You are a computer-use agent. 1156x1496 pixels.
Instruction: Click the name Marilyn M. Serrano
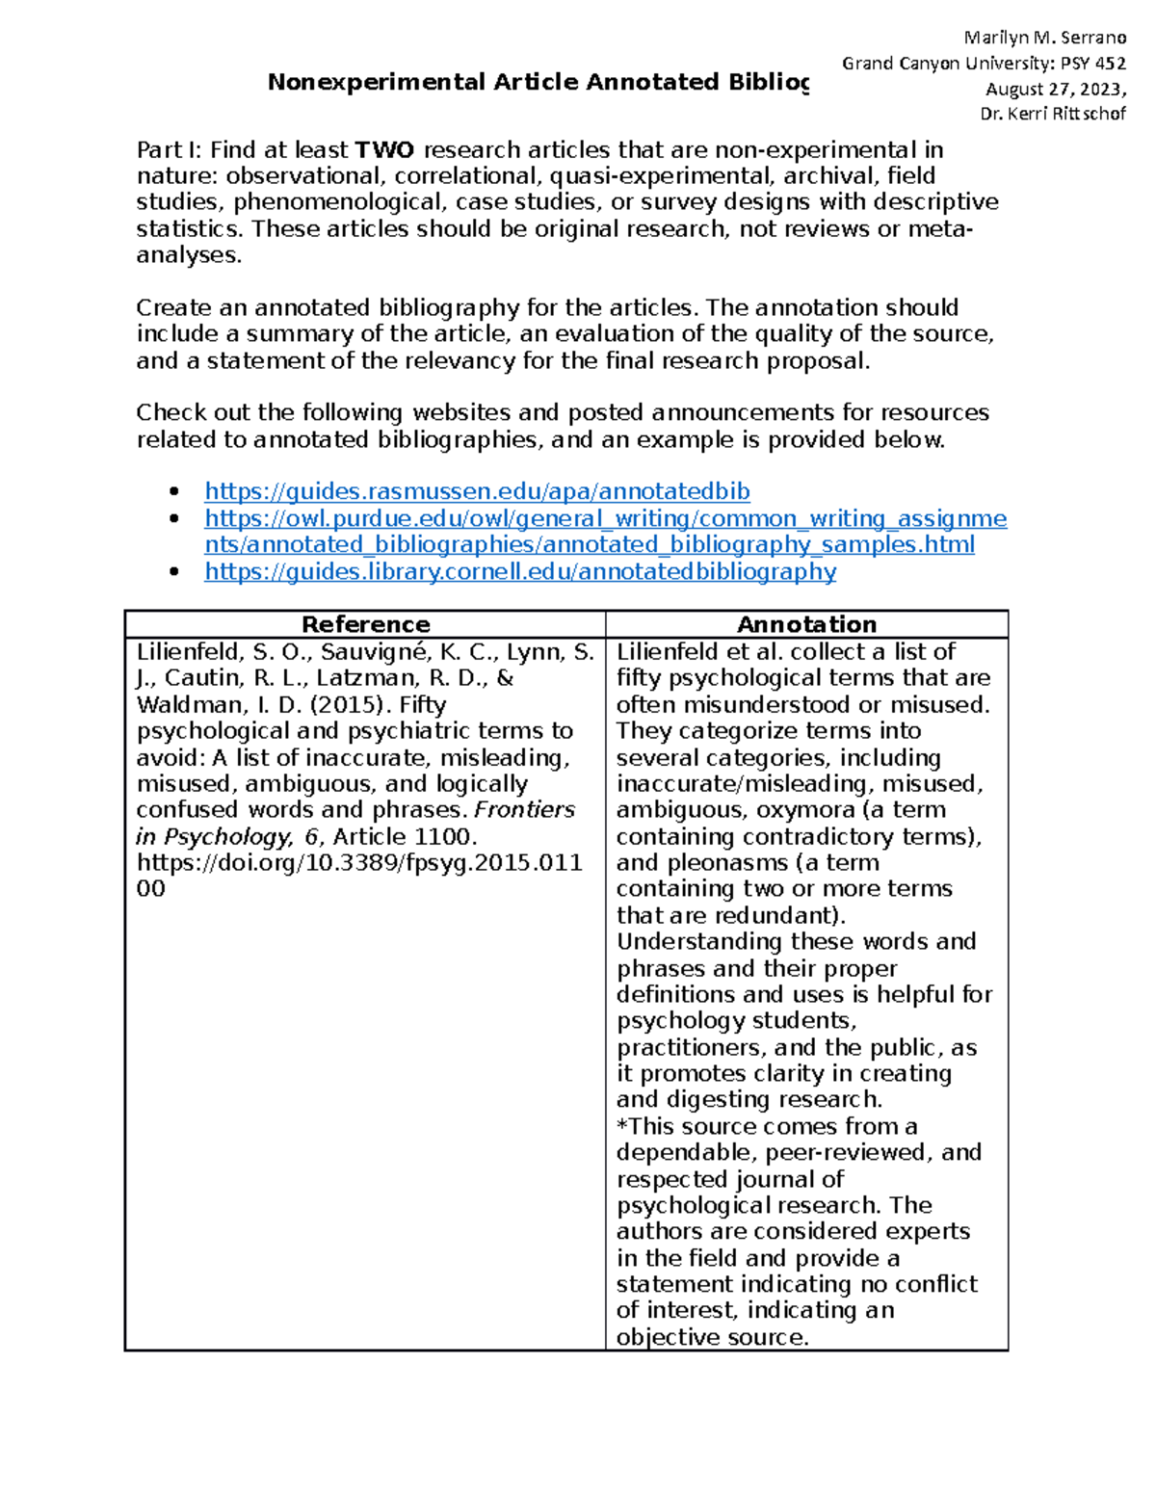(x=1045, y=39)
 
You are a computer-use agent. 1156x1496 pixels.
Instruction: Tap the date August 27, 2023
(x=1054, y=90)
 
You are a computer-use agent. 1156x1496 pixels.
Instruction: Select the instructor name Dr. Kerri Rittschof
(x=1052, y=115)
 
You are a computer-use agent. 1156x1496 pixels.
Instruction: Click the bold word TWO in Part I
(x=384, y=150)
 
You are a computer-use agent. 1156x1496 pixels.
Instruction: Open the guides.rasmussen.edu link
(x=477, y=492)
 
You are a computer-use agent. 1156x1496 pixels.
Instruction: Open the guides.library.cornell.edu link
(x=520, y=572)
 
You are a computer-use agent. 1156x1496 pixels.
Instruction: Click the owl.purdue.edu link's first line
(x=605, y=519)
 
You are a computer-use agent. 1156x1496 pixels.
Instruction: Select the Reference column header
(x=365, y=624)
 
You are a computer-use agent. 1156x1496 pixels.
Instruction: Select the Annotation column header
(x=806, y=624)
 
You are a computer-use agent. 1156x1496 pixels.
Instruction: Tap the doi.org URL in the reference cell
(x=358, y=863)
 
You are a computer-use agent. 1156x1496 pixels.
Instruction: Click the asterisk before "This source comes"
(x=622, y=1126)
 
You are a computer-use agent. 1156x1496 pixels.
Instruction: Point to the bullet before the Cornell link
(x=174, y=572)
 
